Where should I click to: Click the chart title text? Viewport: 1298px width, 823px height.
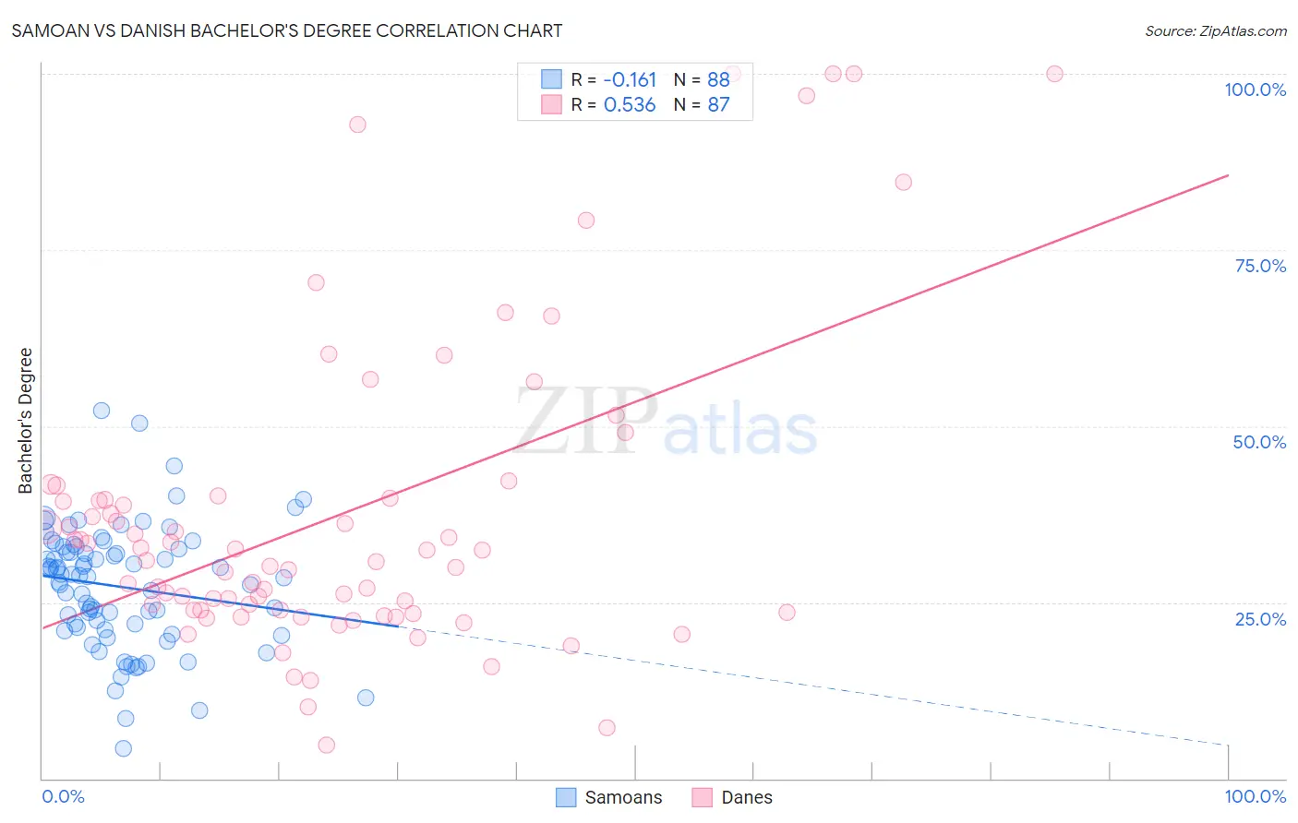(286, 30)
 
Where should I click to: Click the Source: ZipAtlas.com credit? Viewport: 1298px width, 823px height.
(1215, 31)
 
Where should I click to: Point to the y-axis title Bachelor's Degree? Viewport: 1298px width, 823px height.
(26, 420)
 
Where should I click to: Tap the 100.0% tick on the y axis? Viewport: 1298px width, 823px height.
(1255, 89)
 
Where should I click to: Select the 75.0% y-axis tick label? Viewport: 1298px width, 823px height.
(1260, 266)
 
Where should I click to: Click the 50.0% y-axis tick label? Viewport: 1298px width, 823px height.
(1259, 442)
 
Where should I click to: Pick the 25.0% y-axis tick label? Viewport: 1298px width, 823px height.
(1260, 619)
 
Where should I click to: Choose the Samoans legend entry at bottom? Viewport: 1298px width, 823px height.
(609, 798)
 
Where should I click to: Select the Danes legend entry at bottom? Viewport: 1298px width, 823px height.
(733, 798)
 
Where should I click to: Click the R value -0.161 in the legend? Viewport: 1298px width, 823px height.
(630, 80)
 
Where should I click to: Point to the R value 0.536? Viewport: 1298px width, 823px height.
(630, 105)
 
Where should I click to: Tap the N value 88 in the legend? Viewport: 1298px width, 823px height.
(718, 80)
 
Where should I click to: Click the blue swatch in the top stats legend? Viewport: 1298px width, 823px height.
(551, 79)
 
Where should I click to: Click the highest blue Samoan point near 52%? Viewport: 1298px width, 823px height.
(102, 411)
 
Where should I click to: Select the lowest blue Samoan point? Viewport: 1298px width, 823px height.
(123, 748)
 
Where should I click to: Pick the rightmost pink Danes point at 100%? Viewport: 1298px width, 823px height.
(1054, 74)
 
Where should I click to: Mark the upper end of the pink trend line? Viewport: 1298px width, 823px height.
(1228, 175)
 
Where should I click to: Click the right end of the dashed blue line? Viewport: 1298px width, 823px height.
(1228, 745)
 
